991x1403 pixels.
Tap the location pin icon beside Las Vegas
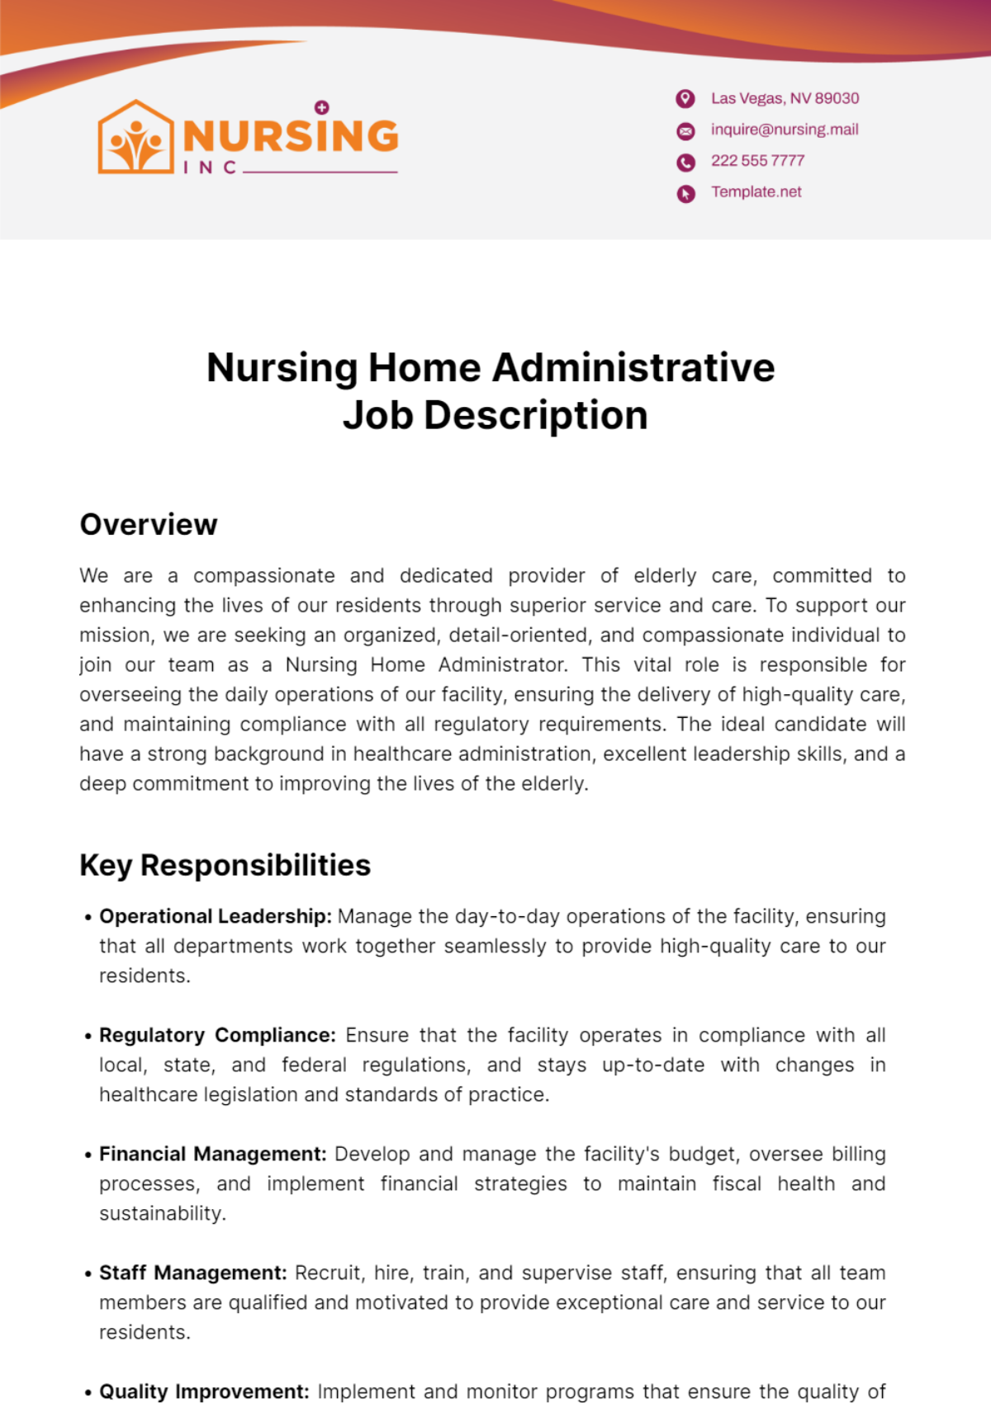coord(685,99)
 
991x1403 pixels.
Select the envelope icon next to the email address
coord(685,130)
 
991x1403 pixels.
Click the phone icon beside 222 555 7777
coord(685,162)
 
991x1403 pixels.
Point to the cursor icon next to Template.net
coord(685,193)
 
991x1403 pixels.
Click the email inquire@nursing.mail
coord(785,130)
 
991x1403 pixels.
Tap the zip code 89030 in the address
coord(837,98)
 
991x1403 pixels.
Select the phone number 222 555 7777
coord(757,161)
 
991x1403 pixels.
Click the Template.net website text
coord(756,191)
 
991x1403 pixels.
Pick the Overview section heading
coord(149,525)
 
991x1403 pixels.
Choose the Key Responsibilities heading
coord(225,866)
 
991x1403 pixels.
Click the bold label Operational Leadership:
coord(216,916)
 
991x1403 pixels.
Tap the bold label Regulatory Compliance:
coord(217,1035)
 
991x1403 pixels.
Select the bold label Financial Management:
coord(213,1154)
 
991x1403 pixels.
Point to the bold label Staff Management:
coord(193,1273)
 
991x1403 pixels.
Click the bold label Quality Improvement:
coord(204,1391)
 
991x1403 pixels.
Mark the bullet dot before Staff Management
coord(88,1274)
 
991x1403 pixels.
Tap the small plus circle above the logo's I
coord(322,107)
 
